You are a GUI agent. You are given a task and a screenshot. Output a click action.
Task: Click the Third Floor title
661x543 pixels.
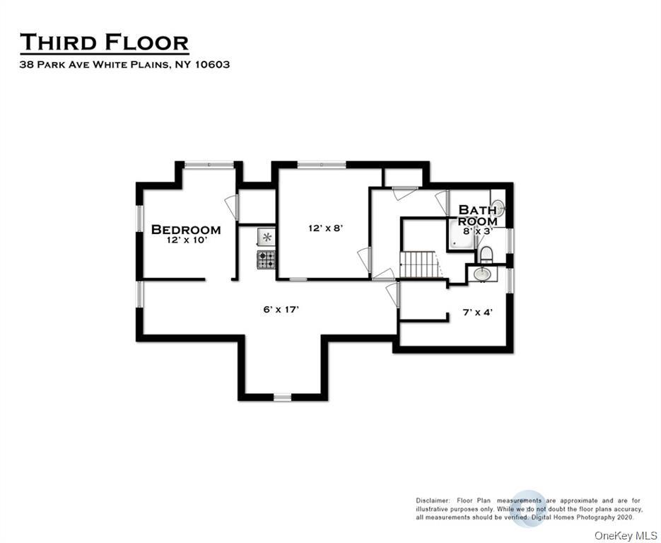click(104, 42)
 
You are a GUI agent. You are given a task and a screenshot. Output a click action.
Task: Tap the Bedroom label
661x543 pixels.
click(186, 230)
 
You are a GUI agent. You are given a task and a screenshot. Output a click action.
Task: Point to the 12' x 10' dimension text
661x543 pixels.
click(186, 240)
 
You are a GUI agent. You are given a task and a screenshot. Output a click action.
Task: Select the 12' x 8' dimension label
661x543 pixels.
click(325, 228)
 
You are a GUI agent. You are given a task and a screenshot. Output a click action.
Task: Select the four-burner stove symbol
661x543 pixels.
click(266, 260)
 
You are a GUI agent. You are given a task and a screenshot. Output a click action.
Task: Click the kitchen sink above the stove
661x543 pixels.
click(266, 237)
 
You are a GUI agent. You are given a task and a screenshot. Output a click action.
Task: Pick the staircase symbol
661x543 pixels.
click(419, 265)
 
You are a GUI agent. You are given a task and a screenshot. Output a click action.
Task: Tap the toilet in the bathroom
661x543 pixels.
click(486, 254)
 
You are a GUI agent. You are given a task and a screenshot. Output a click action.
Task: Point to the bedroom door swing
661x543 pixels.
click(231, 207)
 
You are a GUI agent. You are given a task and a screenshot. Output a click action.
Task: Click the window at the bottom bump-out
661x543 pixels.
click(282, 398)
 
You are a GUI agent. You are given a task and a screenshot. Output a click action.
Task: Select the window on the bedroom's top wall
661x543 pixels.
click(209, 165)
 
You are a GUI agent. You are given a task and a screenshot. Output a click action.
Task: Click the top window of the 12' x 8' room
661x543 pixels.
click(321, 165)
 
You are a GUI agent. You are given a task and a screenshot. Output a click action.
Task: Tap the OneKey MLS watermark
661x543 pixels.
click(625, 535)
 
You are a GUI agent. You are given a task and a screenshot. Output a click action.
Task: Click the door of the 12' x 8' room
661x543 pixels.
click(365, 259)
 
